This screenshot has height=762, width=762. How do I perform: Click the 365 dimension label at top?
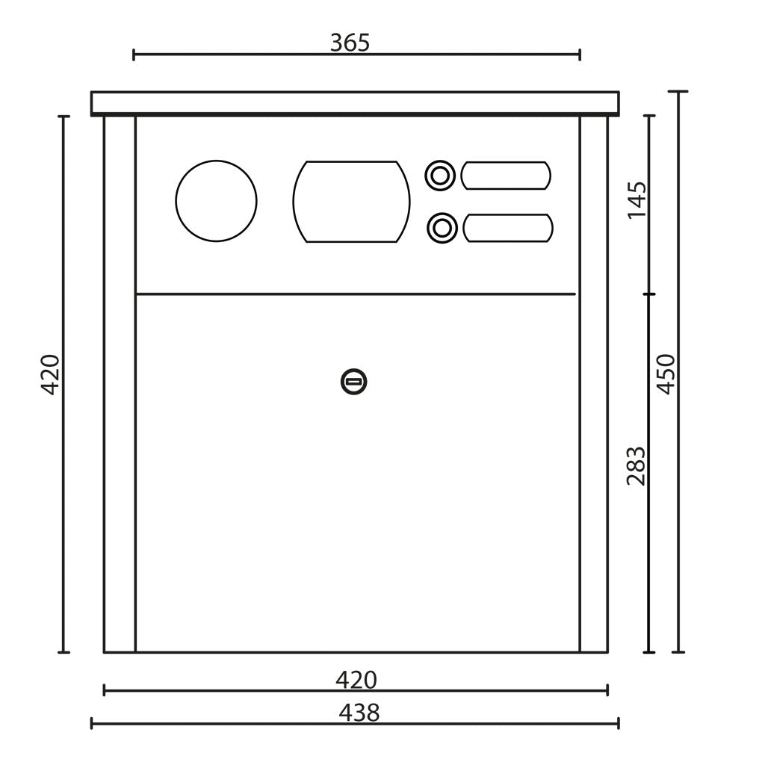click(350, 43)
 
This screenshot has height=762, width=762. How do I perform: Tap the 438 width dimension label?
click(359, 713)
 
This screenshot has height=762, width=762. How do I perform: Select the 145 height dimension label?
click(637, 200)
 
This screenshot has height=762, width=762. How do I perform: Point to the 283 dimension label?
click(636, 465)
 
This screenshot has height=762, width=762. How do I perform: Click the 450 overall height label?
click(666, 374)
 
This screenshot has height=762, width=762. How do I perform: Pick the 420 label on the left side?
click(50, 375)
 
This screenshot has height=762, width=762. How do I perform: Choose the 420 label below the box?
click(356, 680)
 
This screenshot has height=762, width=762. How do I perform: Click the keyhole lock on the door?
click(354, 382)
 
